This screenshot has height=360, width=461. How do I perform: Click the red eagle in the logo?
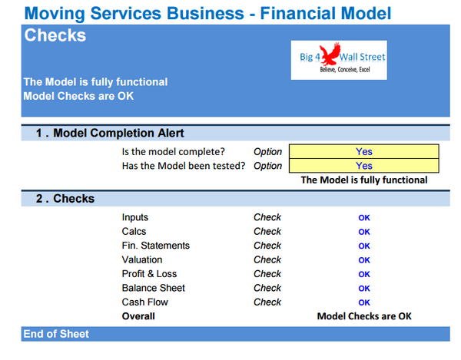333,55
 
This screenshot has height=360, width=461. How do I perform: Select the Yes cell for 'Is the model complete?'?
364,151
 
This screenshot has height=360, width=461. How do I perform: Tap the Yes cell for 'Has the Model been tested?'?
364,166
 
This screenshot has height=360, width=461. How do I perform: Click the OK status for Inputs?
364,218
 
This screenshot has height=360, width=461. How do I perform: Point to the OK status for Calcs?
364,232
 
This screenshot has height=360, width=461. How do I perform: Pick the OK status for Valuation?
364,260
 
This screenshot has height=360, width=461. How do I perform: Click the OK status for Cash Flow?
364,302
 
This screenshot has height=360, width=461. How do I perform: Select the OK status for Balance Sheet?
364,289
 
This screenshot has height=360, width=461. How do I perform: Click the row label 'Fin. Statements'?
155,246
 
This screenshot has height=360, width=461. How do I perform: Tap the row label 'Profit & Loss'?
148,274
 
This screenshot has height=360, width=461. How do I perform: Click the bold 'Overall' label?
138,316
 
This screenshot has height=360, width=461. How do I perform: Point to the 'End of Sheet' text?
56,334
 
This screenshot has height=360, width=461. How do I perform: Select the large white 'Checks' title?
55,35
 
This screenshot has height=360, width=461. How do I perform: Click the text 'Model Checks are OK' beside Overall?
364,316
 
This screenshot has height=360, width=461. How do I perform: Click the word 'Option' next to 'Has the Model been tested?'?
267,166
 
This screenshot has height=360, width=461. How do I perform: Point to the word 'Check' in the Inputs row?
267,218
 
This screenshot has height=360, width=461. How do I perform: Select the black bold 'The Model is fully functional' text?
364,180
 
